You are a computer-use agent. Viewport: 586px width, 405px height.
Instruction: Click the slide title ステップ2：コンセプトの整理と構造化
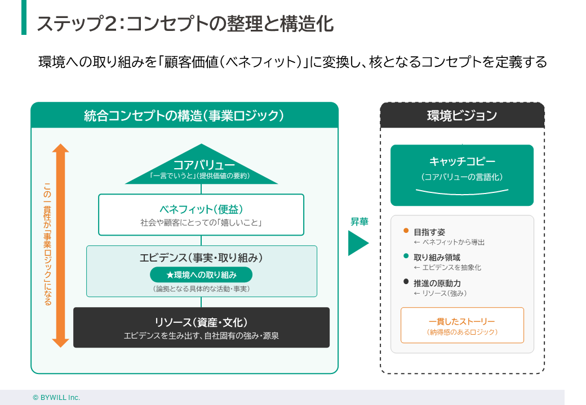coord(185,24)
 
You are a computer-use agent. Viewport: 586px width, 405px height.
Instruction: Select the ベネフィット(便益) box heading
coord(201,209)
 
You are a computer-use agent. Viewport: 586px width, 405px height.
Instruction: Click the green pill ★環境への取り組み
coord(201,275)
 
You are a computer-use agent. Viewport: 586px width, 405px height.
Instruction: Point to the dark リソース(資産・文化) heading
coord(201,322)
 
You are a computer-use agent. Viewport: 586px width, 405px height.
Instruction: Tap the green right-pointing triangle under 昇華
coord(357,242)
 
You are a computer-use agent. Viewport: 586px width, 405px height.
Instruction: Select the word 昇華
coord(359,222)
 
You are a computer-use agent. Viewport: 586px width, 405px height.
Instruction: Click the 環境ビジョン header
coord(462,115)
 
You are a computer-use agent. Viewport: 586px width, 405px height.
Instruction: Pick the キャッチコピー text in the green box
coord(462,162)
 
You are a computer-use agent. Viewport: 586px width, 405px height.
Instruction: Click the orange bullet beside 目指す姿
coord(406,231)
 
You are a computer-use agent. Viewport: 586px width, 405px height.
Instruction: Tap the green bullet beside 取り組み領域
coord(406,256)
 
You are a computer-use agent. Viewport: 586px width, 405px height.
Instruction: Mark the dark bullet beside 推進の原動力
coord(406,282)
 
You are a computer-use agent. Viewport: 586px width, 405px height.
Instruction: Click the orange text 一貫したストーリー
coord(462,321)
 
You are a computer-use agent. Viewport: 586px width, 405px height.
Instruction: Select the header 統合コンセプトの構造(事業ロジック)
coord(184,115)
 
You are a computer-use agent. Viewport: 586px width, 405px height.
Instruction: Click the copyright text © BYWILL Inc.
coord(56,397)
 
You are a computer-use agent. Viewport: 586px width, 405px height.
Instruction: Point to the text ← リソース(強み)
coord(440,293)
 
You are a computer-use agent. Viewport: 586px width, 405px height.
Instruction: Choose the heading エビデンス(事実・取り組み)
coord(201,258)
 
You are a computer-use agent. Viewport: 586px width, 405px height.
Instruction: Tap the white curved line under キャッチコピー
coord(462,192)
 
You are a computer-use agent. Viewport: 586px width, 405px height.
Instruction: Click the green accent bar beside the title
coord(24,17)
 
